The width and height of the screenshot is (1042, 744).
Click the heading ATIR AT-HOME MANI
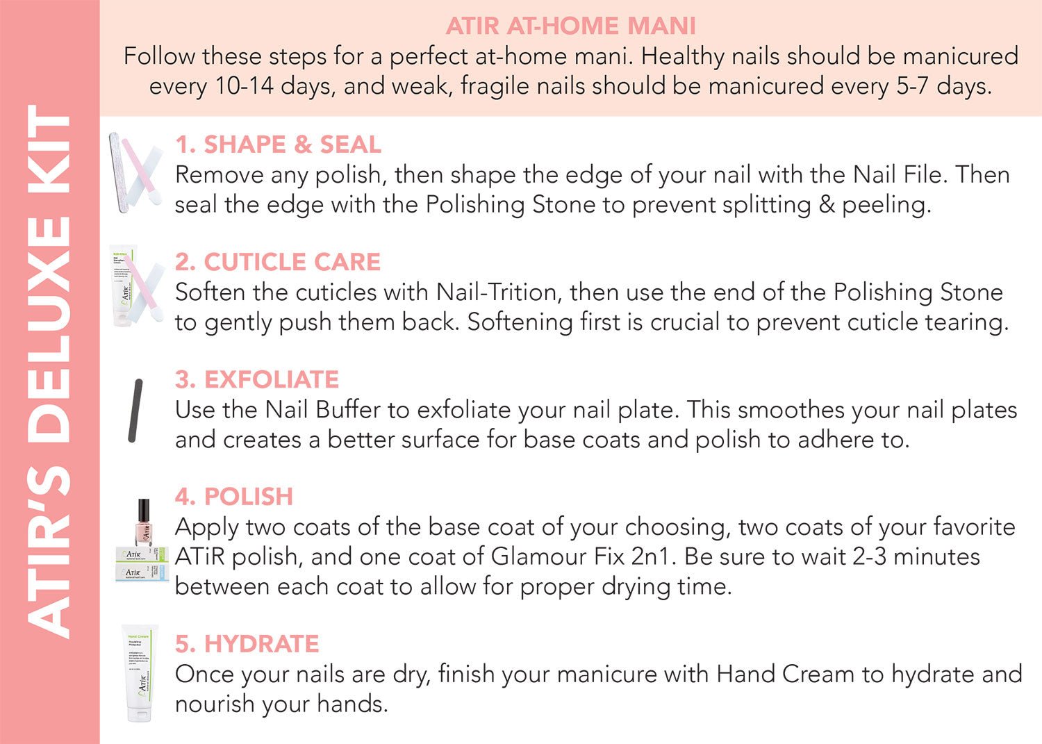point(571,26)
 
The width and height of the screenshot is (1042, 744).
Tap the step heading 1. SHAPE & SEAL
point(278,144)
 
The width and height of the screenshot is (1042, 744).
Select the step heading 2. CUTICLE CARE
point(278,261)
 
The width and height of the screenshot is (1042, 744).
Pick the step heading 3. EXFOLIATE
point(257,379)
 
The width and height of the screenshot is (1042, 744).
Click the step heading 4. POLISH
point(234,497)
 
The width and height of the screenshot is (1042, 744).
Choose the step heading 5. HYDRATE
point(247,644)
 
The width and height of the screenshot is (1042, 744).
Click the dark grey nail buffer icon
point(135,411)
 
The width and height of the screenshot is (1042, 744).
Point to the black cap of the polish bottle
point(144,511)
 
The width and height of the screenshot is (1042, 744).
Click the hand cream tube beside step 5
point(139,673)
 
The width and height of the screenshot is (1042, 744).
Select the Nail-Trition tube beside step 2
point(123,285)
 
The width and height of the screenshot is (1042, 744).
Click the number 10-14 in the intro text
point(245,87)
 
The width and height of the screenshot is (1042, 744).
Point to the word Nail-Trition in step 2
point(497,292)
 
